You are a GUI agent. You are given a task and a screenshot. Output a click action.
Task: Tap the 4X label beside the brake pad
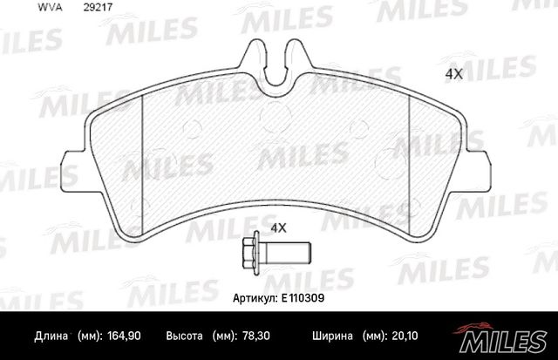(453, 75)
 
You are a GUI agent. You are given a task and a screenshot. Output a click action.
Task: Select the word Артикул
(255, 296)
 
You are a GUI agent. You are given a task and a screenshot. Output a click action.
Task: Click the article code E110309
(303, 296)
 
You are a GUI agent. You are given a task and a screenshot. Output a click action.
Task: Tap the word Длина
(50, 336)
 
